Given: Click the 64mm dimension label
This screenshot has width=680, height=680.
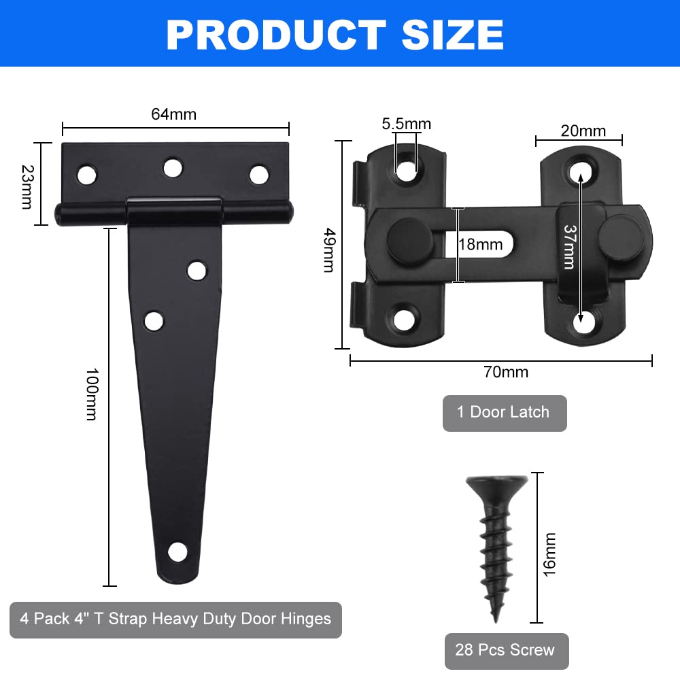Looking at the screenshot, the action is click(173, 114).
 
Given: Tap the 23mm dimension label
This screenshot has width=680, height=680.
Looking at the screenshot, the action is click(27, 187).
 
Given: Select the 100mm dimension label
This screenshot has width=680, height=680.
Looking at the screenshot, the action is click(92, 394).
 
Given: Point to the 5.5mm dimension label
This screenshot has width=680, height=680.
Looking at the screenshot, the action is click(407, 124).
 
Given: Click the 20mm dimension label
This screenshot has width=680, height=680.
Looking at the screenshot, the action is click(583, 131).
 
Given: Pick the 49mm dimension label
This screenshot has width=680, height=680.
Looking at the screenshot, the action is click(330, 250).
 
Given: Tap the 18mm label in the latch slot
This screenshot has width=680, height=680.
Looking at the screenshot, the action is click(481, 245).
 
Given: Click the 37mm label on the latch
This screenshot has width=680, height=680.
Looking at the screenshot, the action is click(570, 247).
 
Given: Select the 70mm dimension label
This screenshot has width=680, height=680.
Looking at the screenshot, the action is click(506, 372).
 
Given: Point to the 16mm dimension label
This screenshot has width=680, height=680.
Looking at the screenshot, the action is click(549, 555).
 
